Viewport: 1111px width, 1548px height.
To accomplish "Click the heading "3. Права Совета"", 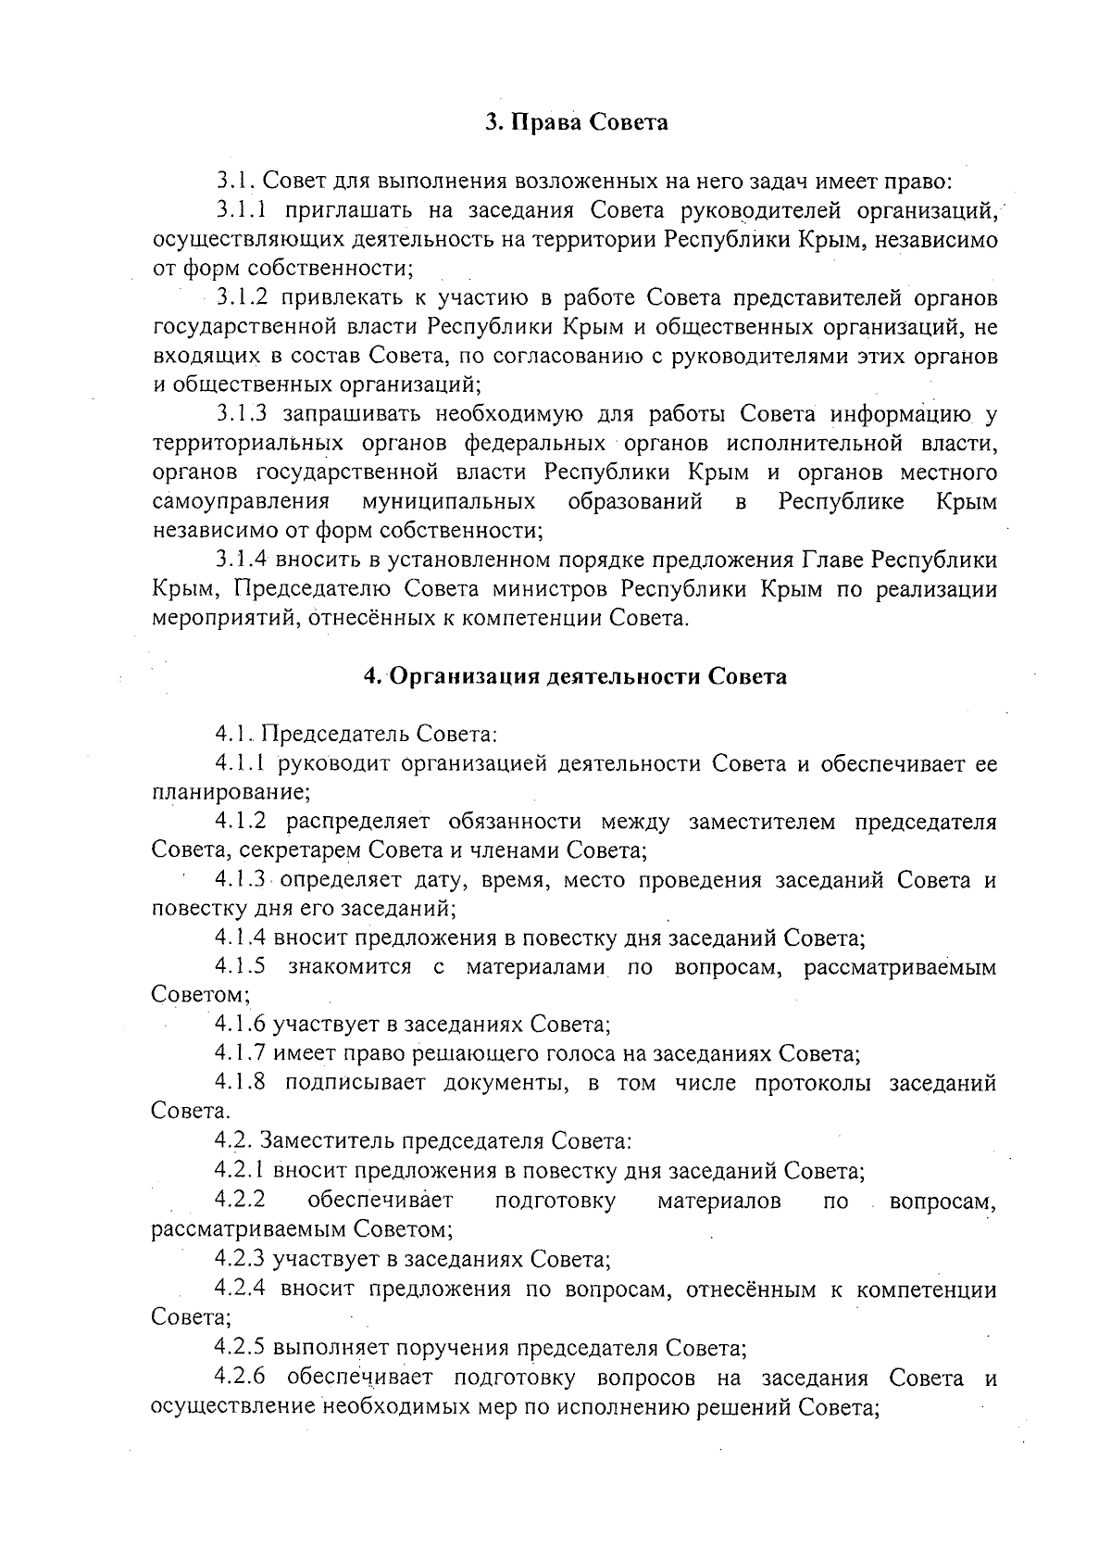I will click(577, 122).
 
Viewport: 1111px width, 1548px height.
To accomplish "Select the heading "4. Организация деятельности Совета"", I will click(574, 676).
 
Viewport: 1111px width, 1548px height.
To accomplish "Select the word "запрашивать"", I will click(352, 414).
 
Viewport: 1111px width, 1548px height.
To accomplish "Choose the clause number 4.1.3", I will click(241, 879).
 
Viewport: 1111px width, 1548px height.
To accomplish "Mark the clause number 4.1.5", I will click(241, 966).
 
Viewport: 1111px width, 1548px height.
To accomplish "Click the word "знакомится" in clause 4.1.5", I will click(350, 966).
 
